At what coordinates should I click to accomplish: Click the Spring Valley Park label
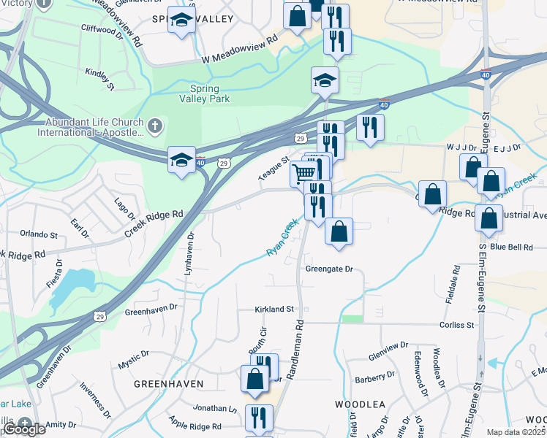[205, 93]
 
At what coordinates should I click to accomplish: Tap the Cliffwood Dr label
[99, 30]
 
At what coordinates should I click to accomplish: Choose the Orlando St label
[39, 235]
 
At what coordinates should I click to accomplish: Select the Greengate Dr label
[329, 269]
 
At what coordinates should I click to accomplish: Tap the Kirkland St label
[273, 310]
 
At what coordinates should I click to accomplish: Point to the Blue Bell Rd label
[511, 247]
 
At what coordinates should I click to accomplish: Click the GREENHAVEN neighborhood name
[168, 383]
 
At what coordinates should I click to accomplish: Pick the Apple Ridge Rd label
[195, 426]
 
